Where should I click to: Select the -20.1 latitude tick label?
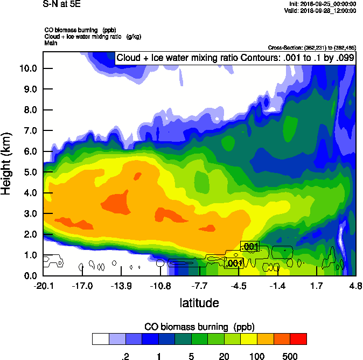43,286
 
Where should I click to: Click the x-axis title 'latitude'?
199,303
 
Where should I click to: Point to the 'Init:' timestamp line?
322,4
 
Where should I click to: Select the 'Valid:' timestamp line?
321,10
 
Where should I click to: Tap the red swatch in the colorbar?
298,338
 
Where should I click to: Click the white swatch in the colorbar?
100,338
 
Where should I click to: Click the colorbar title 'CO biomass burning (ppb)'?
199,327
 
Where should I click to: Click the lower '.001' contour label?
234,264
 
